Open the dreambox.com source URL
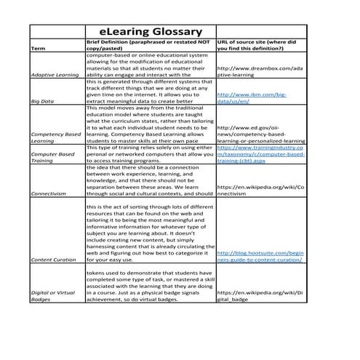pos(260,71)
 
